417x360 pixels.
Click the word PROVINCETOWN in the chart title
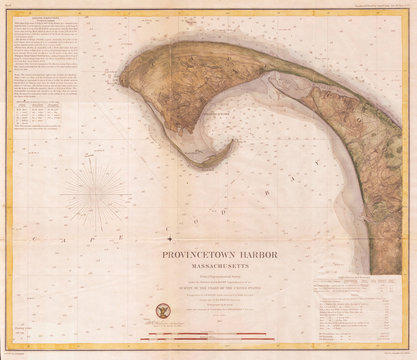(x=182, y=255)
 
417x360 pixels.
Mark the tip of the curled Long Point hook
(x=232, y=142)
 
